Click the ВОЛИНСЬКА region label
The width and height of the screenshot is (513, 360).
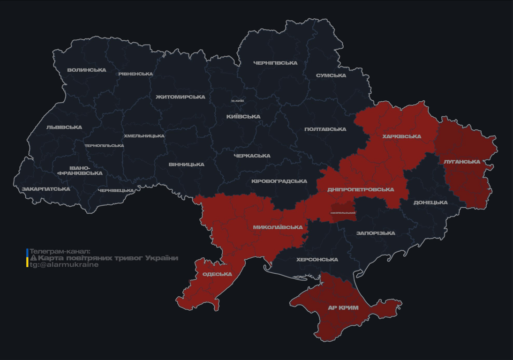tap(87, 70)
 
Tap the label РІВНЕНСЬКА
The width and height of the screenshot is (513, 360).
tap(136, 74)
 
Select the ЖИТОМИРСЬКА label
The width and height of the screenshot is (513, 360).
tap(181, 97)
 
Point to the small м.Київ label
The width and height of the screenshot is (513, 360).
tap(237, 101)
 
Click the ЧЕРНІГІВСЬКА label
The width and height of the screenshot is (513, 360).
tap(275, 63)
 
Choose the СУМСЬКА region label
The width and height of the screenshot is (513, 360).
tap(331, 75)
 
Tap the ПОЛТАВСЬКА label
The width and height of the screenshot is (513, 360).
tap(325, 129)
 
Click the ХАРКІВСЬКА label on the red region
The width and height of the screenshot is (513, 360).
tap(401, 137)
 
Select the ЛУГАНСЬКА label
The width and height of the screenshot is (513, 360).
tap(462, 162)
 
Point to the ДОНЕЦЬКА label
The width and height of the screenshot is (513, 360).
tap(430, 203)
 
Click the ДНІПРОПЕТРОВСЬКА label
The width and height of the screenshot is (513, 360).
tap(361, 190)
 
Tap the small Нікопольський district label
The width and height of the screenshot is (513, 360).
tap(343, 213)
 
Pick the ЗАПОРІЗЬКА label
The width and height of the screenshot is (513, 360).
tap(376, 233)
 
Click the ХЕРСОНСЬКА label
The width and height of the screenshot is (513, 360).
tap(317, 260)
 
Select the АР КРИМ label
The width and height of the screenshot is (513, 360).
tap(343, 308)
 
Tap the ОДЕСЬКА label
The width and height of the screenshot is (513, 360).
tap(217, 274)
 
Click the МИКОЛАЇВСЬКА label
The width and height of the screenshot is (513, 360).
tap(278, 227)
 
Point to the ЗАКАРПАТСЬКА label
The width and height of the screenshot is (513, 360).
tap(46, 189)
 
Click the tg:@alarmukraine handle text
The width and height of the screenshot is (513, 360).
tap(64, 265)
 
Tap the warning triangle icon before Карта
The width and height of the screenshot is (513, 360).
tap(33, 258)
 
